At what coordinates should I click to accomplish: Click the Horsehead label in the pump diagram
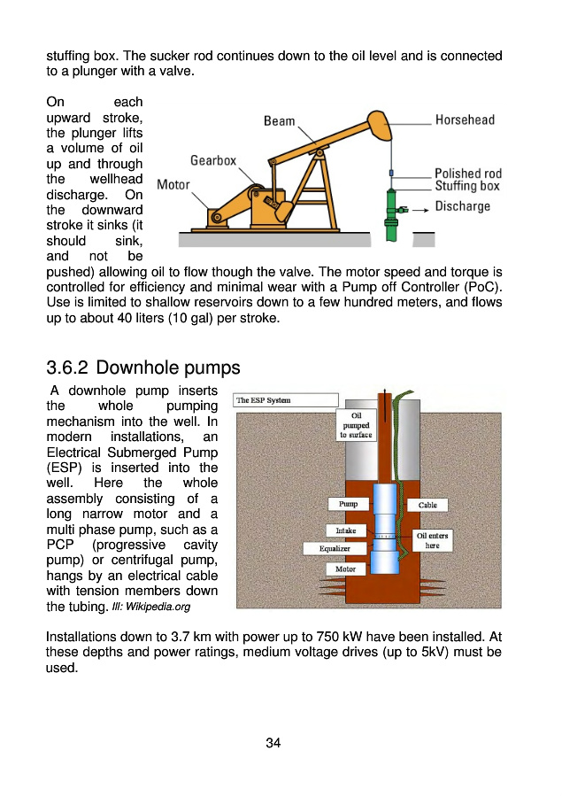[464, 120]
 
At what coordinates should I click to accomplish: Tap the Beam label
[280, 120]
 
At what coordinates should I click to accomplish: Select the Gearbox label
[213, 161]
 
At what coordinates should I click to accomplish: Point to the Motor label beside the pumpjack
[173, 185]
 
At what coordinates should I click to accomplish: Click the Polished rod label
[467, 174]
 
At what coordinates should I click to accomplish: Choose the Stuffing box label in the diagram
[466, 187]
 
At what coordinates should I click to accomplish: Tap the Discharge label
[462, 206]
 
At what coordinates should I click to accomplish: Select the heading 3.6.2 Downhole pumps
[142, 367]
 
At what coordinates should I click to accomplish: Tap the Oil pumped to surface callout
[356, 425]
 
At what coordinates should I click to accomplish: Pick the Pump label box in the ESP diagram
[349, 504]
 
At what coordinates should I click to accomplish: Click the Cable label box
[427, 505]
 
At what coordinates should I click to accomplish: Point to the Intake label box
[345, 530]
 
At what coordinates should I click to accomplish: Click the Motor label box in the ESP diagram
[345, 569]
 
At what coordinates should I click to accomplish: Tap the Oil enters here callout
[432, 540]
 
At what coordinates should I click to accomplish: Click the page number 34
[273, 743]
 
